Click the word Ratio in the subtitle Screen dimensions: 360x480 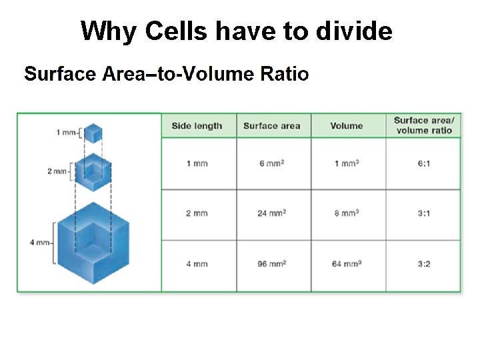click(x=284, y=73)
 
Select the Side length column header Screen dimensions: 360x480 click(x=197, y=126)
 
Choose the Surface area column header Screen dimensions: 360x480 click(x=271, y=126)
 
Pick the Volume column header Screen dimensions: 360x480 click(x=347, y=126)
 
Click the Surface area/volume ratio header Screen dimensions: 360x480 click(x=423, y=125)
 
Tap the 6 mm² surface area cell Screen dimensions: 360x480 click(x=271, y=163)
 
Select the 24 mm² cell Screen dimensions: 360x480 click(x=271, y=213)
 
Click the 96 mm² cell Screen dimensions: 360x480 click(x=271, y=264)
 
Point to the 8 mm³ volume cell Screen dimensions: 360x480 click(x=347, y=213)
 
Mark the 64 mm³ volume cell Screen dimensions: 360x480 click(x=347, y=264)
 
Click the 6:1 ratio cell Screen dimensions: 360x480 click(x=423, y=163)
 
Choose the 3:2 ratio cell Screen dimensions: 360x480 click(x=423, y=264)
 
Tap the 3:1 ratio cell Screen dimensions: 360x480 click(x=423, y=213)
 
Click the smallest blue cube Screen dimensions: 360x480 click(x=93, y=133)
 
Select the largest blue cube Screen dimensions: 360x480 click(x=93, y=243)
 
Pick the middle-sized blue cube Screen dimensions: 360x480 click(x=93, y=172)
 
